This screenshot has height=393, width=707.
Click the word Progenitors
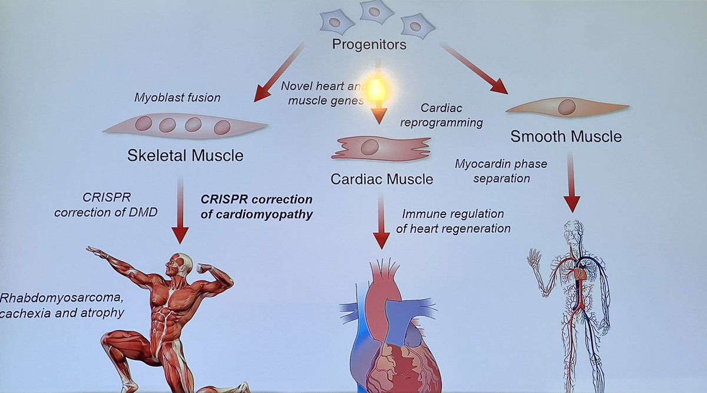click(369, 45)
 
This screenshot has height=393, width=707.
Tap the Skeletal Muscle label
click(185, 156)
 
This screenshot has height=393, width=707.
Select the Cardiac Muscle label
click(382, 178)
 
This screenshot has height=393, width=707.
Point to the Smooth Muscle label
click(566, 137)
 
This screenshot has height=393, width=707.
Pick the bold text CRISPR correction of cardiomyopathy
click(256, 206)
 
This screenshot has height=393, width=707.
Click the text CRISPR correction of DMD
click(105, 206)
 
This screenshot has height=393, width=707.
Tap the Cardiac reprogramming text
click(452, 115)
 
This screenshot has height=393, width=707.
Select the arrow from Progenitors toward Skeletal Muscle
click(280, 71)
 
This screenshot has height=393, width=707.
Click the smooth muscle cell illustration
click(567, 108)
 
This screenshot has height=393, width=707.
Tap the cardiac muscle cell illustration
click(382, 148)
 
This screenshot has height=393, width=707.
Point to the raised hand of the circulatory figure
click(535, 257)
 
